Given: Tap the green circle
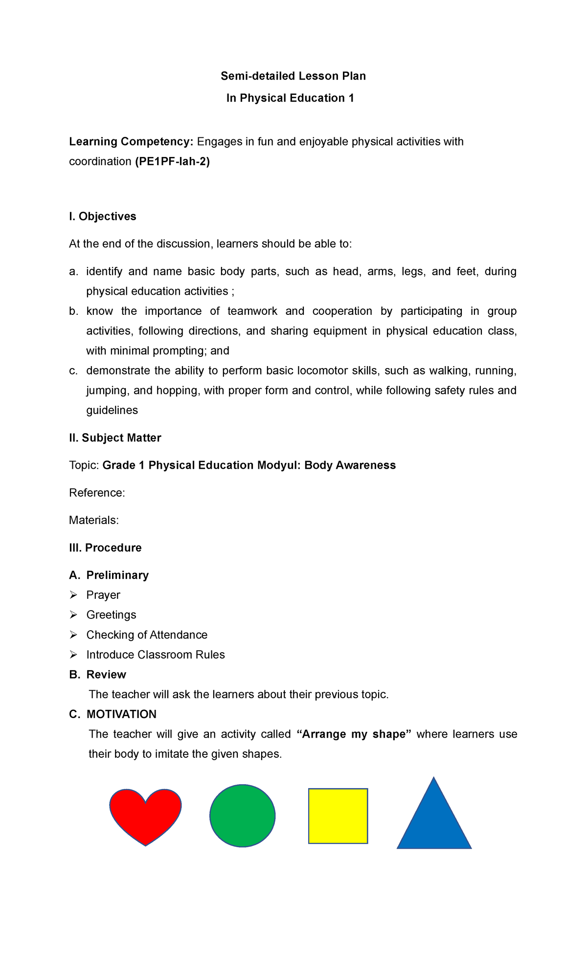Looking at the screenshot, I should (x=243, y=815).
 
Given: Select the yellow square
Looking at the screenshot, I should (x=338, y=815).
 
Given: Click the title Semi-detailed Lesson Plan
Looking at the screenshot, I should (x=293, y=76).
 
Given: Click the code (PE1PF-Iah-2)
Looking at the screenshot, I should (x=172, y=161).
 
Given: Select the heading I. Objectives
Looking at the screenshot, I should (x=103, y=216).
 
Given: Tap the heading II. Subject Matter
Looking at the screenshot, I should (x=115, y=438).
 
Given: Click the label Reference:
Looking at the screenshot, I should (x=97, y=492).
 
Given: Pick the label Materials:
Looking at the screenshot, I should (x=94, y=520).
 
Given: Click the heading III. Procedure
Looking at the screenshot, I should (x=105, y=548).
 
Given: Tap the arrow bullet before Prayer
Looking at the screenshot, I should (x=73, y=595).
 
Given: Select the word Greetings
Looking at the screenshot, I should (x=111, y=615).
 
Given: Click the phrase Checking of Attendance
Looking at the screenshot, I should (x=147, y=635).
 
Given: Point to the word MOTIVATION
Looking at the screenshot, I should (x=121, y=714).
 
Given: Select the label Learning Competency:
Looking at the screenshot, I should (x=131, y=141).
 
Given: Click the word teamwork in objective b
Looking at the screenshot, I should (x=252, y=311).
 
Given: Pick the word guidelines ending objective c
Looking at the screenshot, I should (x=112, y=410).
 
